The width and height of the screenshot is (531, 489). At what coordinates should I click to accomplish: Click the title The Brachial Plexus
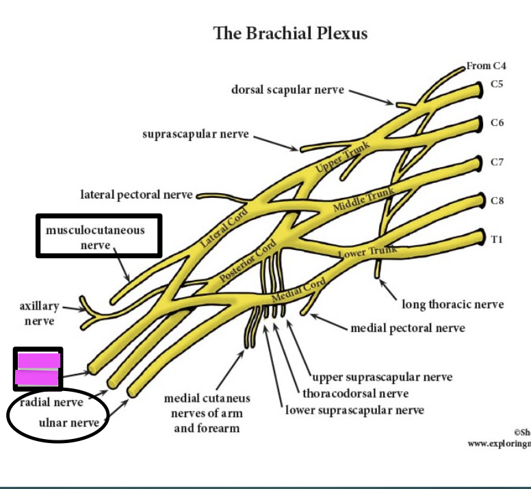[290, 33]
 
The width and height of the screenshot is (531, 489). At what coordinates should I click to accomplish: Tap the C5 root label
[497, 85]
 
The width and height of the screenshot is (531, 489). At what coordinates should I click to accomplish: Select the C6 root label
[497, 123]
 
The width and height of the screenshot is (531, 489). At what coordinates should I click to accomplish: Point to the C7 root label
[497, 162]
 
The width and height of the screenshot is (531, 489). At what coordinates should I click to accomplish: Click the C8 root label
[497, 201]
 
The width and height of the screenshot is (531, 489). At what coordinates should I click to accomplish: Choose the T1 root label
[497, 239]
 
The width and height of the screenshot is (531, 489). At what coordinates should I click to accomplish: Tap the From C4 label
[488, 66]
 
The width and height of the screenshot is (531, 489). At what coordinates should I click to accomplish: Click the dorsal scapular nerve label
[287, 90]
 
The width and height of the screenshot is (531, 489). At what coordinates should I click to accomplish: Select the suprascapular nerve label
[196, 134]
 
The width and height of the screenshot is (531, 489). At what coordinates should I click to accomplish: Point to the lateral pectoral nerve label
[137, 195]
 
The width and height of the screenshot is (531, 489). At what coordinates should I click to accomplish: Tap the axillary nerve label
[39, 314]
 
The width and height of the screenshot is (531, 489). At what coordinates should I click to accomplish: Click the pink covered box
[38, 369]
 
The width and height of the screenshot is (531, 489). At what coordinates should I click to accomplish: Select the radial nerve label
[51, 402]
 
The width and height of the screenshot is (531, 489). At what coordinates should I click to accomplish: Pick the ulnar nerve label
[68, 423]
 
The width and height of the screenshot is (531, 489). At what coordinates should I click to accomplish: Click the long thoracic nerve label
[453, 304]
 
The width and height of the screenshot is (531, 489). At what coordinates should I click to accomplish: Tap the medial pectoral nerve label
[408, 328]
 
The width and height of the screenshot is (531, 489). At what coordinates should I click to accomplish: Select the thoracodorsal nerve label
[356, 393]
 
